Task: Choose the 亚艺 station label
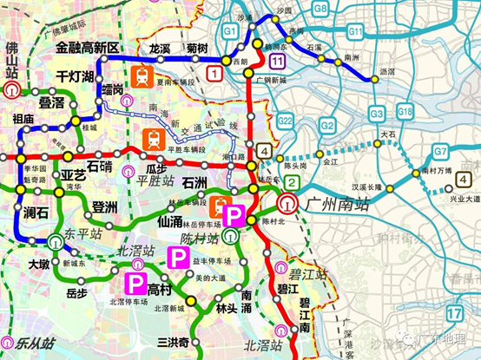click(x=74, y=173)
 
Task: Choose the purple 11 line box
click(x=277, y=61)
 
